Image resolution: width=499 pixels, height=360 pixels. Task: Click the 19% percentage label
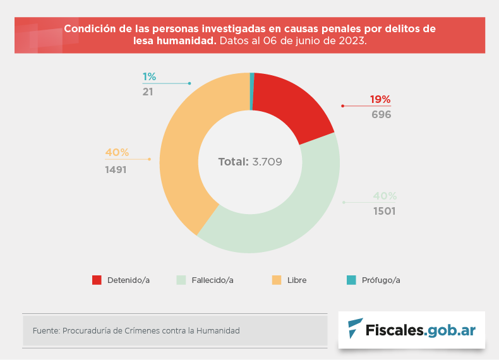coord(380,99)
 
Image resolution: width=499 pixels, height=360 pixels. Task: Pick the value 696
coord(381,114)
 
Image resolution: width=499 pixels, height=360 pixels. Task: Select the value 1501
coord(384,211)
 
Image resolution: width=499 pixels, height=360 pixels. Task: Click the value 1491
coord(116,169)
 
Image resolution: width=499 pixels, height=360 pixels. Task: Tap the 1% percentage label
coord(149,76)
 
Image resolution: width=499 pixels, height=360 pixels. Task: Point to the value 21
coord(148,92)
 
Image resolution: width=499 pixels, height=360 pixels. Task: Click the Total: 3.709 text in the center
coord(249,162)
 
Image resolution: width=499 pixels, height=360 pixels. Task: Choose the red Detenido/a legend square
coord(97,280)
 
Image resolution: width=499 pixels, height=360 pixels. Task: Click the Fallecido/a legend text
coord(212,280)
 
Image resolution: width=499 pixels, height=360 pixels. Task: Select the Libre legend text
coord(297,280)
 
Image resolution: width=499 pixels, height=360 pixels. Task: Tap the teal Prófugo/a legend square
coord(352,280)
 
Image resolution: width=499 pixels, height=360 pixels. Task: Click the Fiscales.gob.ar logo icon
coord(356,328)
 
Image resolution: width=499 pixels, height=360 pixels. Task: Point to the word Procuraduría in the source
coord(90,330)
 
